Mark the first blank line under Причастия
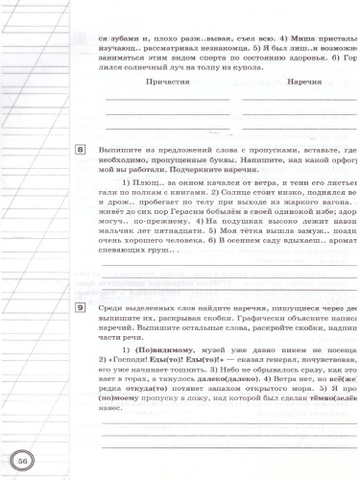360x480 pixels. click(x=168, y=100)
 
